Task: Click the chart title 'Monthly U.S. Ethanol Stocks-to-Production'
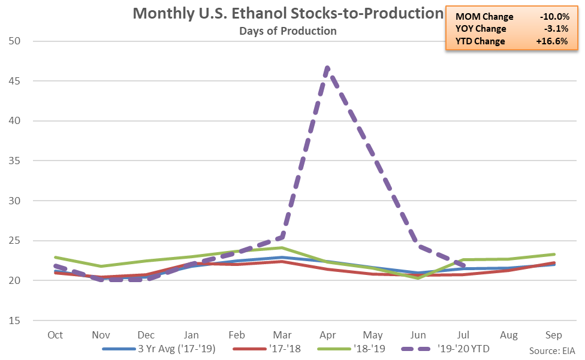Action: (287, 14)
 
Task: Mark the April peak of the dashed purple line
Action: (327, 67)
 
